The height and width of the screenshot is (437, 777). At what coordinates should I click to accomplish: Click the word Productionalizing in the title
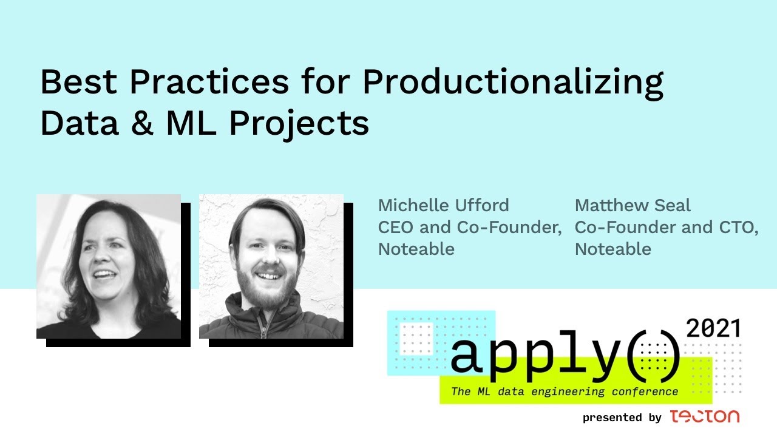point(513,83)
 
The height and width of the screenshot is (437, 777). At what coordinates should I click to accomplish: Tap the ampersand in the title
point(143,123)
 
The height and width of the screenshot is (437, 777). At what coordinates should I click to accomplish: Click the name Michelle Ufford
point(443,205)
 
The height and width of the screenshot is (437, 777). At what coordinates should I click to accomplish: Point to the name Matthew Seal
point(633,205)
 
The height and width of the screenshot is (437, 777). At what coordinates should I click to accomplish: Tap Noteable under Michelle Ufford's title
point(416,249)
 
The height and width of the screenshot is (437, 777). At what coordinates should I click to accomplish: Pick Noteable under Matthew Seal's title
point(613,249)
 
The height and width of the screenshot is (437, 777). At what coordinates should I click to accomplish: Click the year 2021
point(713,328)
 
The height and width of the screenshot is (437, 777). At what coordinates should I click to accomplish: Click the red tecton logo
point(705,416)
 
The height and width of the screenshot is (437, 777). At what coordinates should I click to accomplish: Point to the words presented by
point(622,417)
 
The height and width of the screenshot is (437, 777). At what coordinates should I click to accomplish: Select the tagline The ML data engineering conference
point(565,391)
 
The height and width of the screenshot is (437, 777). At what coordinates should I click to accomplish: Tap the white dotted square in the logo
point(416,339)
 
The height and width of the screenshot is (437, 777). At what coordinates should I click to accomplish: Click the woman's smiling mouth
point(104,275)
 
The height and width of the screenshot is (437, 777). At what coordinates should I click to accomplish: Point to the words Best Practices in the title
point(165,82)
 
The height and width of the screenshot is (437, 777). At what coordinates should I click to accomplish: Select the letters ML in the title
point(191,123)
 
